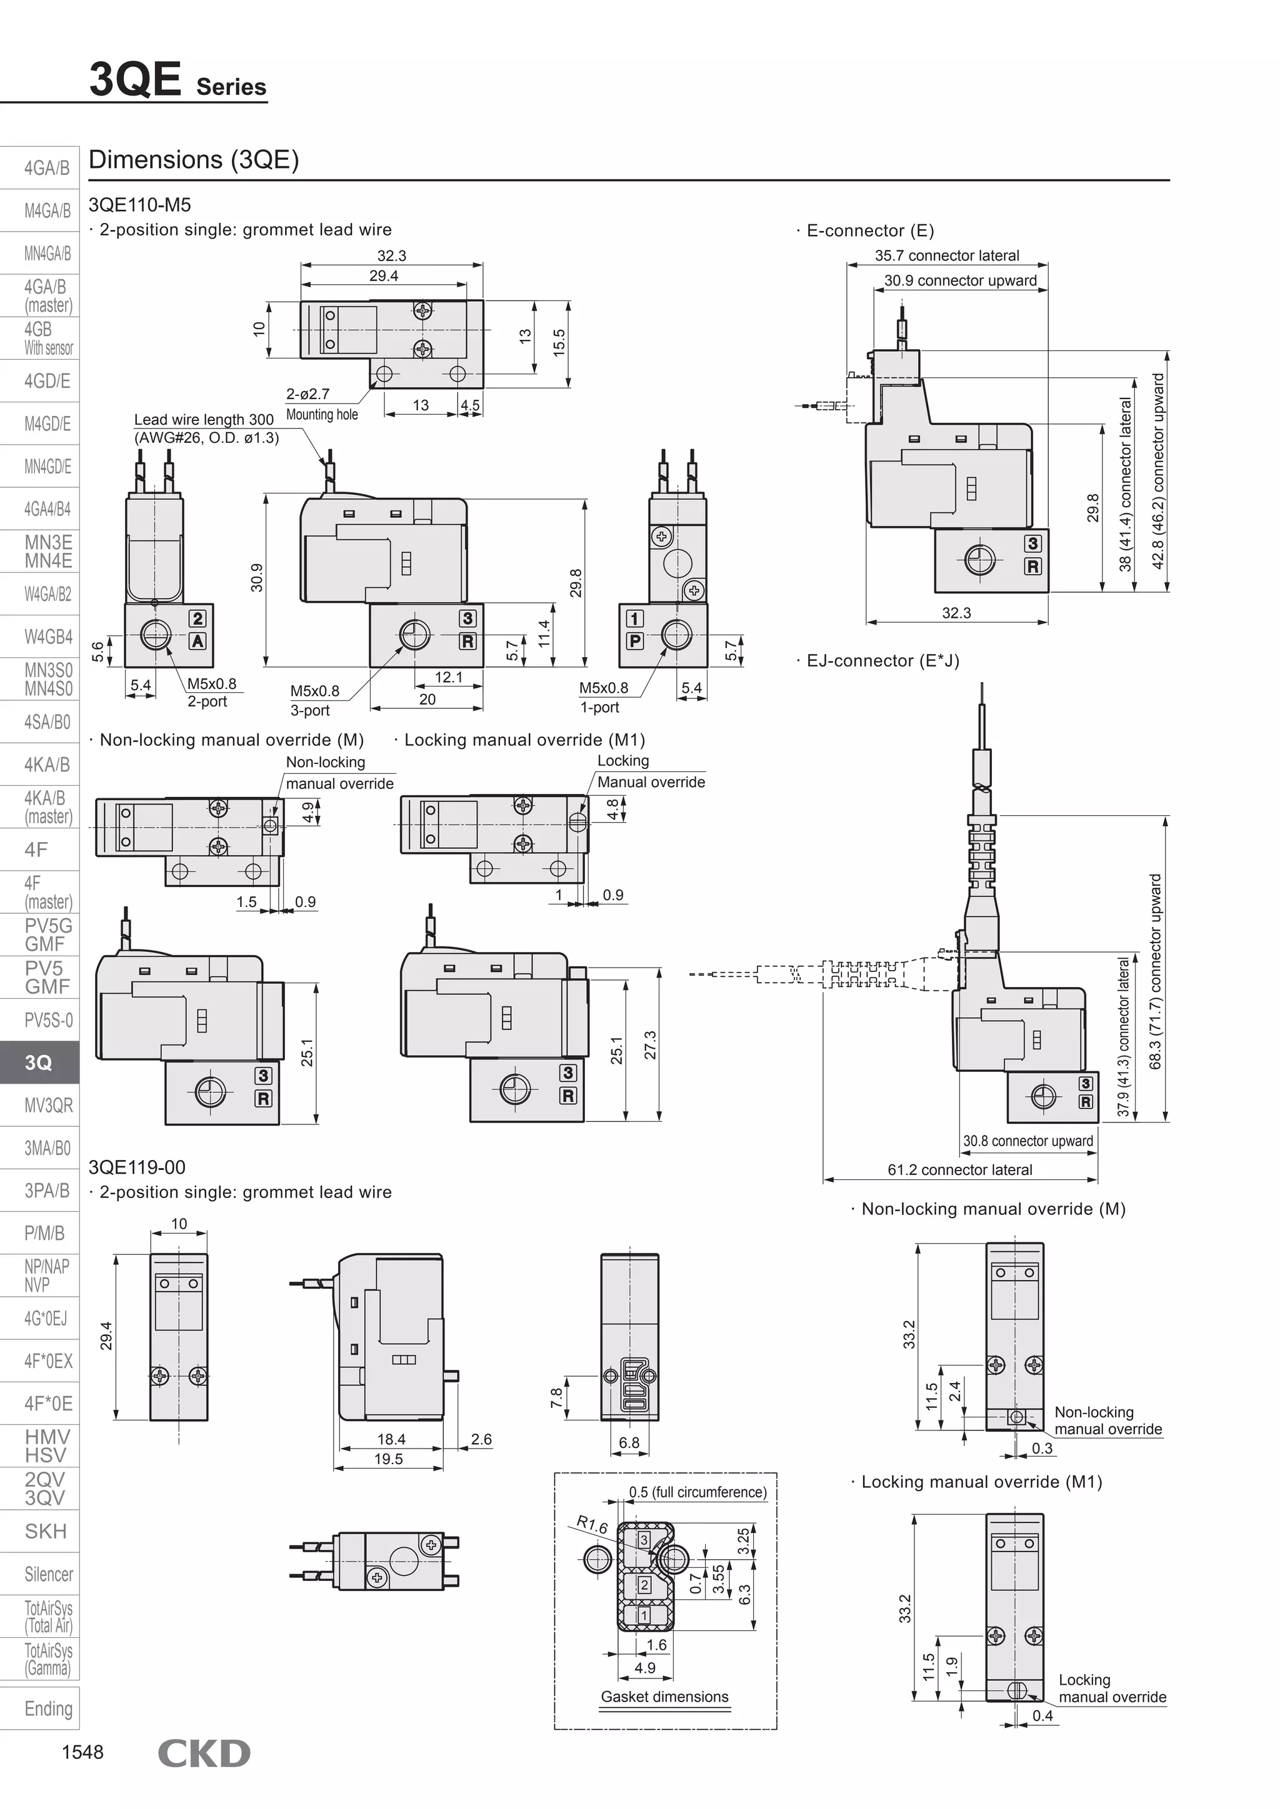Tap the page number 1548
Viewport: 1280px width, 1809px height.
tap(82, 1752)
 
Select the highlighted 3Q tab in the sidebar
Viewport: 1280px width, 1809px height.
tap(39, 1062)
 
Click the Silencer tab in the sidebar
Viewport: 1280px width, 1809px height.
tap(48, 1574)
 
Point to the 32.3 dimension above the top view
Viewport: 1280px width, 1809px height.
tap(392, 256)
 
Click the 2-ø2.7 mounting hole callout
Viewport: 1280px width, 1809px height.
tap(308, 394)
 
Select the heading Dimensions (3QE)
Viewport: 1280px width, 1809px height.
tap(194, 160)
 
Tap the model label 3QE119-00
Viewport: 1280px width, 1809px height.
tap(137, 1167)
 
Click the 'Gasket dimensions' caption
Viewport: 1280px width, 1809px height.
tap(664, 1697)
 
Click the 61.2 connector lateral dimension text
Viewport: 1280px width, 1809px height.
tap(959, 1169)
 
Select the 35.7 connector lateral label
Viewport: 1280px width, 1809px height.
tap(947, 255)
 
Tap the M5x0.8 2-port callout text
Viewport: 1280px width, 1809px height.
tap(211, 684)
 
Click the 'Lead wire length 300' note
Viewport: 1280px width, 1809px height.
tap(203, 419)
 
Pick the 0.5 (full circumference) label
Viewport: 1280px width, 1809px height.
tap(697, 1492)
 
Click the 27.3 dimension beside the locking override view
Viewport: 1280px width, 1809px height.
tap(650, 1046)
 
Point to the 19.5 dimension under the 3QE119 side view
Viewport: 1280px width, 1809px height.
tap(389, 1459)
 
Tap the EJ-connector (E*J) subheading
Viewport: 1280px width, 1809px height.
tap(882, 660)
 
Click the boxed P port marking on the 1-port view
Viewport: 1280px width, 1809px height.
tap(634, 640)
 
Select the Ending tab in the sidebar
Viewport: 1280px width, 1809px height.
tap(48, 1708)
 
